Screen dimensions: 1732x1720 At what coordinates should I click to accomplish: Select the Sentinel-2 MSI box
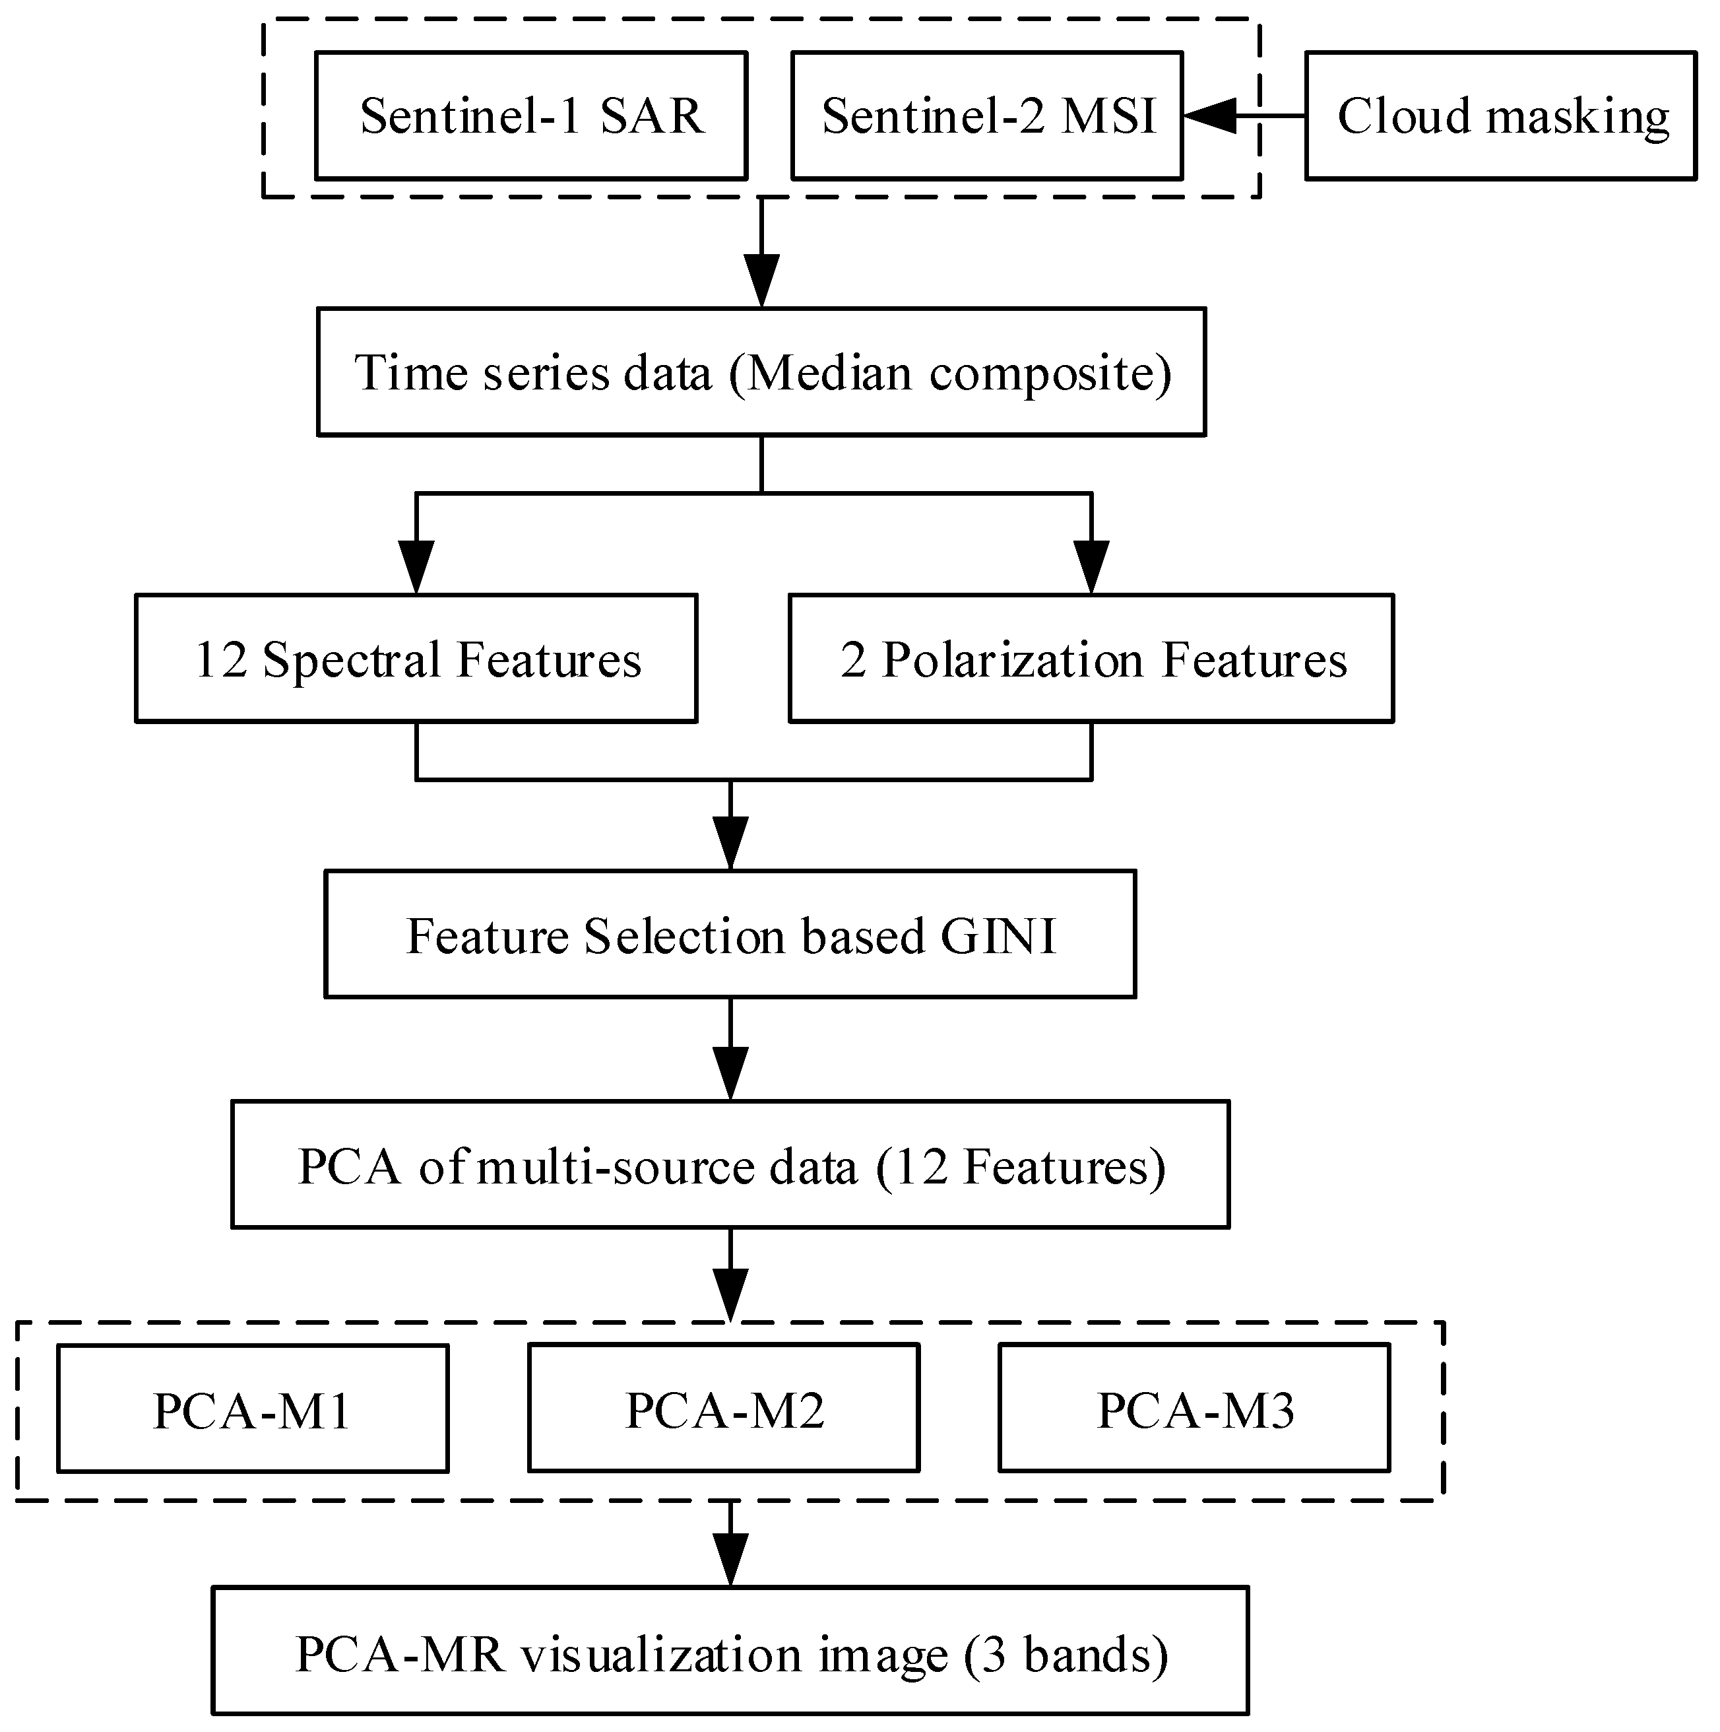point(987,116)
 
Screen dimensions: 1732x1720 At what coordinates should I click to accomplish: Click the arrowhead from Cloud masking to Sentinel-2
point(1209,116)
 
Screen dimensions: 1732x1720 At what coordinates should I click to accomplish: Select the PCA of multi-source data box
point(730,1166)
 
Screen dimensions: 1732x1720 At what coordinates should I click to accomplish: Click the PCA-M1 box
point(252,1410)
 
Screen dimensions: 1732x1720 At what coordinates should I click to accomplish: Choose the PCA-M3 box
point(1194,1410)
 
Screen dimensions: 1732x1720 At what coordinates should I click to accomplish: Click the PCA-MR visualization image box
point(730,1654)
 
